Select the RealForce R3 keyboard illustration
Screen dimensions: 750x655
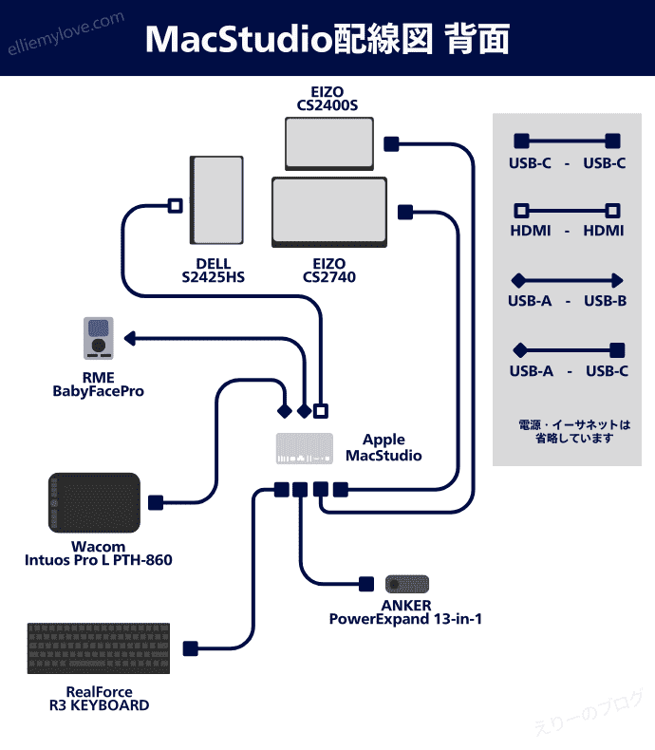(99, 648)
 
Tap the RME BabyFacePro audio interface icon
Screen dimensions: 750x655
(98, 339)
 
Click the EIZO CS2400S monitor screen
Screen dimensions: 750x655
(330, 142)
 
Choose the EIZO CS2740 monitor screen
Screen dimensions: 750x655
(329, 212)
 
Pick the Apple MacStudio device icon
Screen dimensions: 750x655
(305, 448)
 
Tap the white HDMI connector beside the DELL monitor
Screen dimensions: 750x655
(175, 205)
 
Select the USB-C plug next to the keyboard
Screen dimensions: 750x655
(190, 648)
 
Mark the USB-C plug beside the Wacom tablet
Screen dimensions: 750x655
(156, 502)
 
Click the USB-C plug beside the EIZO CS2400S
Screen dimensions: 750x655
(390, 143)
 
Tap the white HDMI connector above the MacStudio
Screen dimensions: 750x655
(321, 411)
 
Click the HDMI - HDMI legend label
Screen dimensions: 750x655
(567, 231)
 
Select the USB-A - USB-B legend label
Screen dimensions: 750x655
(567, 302)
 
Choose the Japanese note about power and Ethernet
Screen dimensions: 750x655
(574, 431)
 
